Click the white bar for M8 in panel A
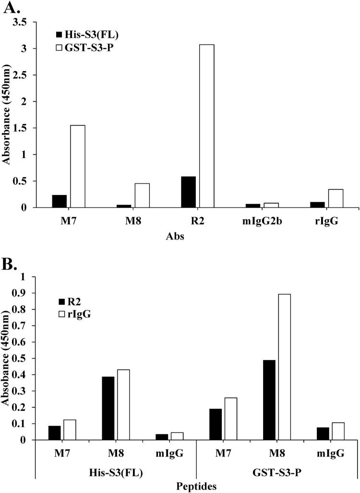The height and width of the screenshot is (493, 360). click(142, 195)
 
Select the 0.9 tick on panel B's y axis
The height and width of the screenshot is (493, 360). click(24, 293)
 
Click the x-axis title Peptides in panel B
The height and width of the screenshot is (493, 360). click(196, 486)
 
